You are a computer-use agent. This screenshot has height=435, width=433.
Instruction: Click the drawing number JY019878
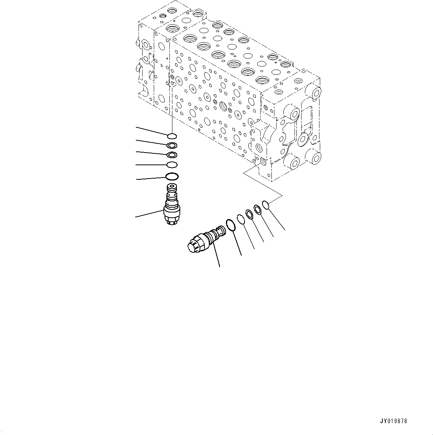point(393,422)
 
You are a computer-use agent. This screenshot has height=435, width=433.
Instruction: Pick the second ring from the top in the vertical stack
point(172,145)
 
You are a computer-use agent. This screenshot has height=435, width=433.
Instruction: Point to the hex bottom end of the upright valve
point(172,222)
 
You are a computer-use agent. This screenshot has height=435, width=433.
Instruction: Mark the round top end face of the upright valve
point(172,187)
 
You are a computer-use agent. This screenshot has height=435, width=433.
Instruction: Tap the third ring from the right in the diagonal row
point(249,214)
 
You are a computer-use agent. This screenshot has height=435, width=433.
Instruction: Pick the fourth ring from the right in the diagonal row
point(241,219)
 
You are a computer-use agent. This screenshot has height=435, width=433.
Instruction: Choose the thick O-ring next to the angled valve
point(231,225)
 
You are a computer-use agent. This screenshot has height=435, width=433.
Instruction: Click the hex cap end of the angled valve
point(194,246)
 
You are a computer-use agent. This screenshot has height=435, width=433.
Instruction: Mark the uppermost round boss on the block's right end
point(315,92)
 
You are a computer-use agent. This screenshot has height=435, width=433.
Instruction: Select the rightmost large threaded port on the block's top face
point(262,80)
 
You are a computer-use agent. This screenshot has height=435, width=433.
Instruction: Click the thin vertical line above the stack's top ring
point(172,112)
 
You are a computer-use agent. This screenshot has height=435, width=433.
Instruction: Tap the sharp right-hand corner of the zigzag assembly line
point(282,195)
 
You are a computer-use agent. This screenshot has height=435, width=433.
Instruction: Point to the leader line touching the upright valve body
point(149,213)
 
